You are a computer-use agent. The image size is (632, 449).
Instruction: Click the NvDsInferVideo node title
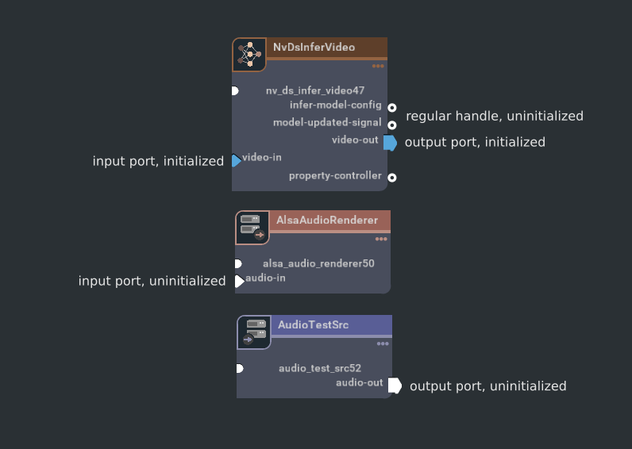tap(314, 48)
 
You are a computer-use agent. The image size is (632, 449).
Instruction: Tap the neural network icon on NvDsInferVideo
tap(249, 54)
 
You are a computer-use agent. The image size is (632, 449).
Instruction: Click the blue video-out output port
tap(389, 143)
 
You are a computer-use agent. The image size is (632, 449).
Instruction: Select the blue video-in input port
tap(236, 161)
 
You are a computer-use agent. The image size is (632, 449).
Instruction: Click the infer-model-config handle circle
tap(392, 107)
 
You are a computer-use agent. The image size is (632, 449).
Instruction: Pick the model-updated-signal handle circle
tap(392, 125)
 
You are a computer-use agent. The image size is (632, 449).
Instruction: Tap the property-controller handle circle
tap(392, 178)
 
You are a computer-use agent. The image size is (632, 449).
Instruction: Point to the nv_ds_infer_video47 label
tap(315, 90)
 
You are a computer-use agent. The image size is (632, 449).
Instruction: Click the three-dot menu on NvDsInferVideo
tap(378, 66)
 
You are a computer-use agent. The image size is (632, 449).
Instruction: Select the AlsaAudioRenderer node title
tap(327, 220)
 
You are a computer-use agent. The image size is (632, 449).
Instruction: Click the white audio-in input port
tap(239, 281)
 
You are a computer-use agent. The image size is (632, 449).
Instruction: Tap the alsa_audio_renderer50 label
tap(318, 263)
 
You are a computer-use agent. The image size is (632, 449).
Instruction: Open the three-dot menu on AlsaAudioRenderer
tap(381, 239)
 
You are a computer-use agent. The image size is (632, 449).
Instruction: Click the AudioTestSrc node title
tap(313, 324)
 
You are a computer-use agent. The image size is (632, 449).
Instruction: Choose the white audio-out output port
tap(394, 386)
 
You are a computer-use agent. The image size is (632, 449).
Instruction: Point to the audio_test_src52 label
tap(320, 368)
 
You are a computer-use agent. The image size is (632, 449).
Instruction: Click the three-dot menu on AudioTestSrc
tap(383, 344)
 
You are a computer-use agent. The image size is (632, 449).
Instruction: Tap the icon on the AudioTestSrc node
tap(254, 332)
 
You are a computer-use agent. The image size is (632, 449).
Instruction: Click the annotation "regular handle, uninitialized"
tap(495, 117)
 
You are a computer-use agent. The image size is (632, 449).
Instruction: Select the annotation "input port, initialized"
tap(158, 162)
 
